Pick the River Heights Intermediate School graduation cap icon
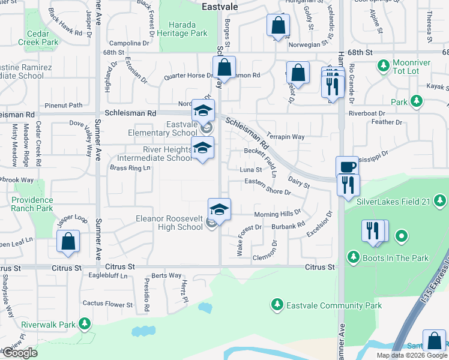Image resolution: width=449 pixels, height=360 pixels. (x=203, y=148)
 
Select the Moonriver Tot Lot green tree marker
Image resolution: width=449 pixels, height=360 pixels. (x=382, y=64)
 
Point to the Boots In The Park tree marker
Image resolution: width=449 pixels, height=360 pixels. (x=353, y=258)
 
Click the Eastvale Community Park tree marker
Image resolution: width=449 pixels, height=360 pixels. (x=277, y=305)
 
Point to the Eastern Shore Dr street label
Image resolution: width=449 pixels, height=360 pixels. (x=268, y=187)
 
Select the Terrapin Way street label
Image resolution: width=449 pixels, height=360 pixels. (x=286, y=137)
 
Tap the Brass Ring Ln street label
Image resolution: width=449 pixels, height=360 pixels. (x=130, y=168)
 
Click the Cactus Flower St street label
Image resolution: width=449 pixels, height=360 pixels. (x=107, y=304)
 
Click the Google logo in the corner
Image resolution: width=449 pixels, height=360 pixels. (x=19, y=353)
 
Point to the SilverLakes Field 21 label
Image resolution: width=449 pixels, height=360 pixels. (x=393, y=202)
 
